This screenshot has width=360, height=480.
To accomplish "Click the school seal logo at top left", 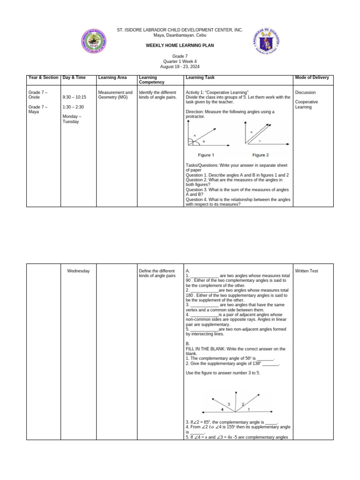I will [x=94, y=44].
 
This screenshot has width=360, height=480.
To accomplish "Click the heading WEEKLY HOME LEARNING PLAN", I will [x=180, y=45].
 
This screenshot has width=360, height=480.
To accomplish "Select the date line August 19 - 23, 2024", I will [x=180, y=67].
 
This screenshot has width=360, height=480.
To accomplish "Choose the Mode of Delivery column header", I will [x=312, y=77].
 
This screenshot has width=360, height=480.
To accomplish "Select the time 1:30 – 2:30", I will [x=73, y=107].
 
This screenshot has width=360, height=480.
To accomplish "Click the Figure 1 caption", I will [x=206, y=155].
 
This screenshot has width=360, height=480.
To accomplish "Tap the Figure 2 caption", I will [x=261, y=155].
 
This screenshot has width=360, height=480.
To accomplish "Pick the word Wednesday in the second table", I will [x=78, y=271].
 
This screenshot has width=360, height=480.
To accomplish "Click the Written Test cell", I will [x=307, y=271].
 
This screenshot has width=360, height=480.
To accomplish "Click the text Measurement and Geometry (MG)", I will [x=115, y=95].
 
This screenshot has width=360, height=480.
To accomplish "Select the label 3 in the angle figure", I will [x=229, y=404].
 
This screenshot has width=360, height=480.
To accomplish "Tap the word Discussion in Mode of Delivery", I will [x=305, y=92].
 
